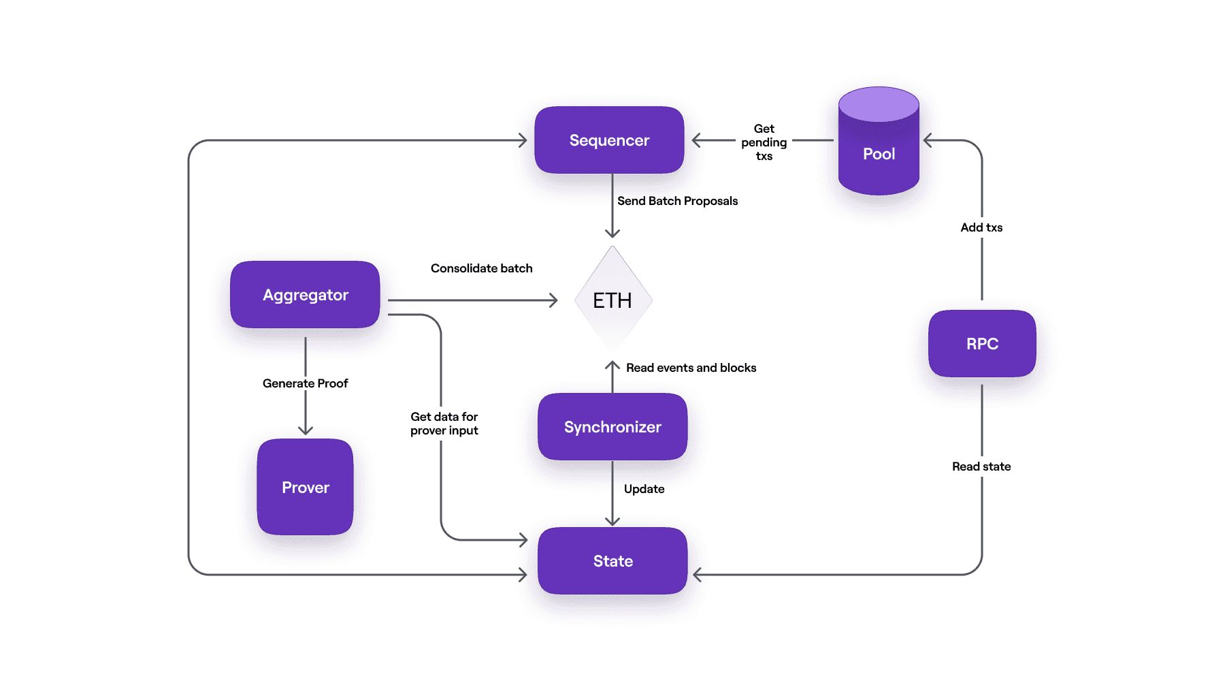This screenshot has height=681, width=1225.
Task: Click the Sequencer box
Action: point(609,140)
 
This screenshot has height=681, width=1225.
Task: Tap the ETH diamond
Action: point(612,300)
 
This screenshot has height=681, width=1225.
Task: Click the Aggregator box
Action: point(305,295)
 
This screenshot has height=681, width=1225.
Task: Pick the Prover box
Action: point(305,487)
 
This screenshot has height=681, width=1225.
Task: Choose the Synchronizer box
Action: point(612,427)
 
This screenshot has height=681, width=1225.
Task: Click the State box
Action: point(612,561)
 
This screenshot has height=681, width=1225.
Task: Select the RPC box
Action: point(982,344)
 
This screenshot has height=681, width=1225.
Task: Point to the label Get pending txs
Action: point(764,142)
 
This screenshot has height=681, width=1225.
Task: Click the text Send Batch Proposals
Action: point(677,201)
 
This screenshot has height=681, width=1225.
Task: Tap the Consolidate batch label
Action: point(481,268)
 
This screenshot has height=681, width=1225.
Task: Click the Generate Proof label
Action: point(305,383)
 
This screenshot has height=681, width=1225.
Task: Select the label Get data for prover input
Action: point(444,424)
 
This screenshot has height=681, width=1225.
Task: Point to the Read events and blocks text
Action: point(691,368)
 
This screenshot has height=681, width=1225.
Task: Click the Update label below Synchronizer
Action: point(644,489)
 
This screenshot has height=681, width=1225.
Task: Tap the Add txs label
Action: point(981,227)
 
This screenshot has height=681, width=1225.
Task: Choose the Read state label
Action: point(981,466)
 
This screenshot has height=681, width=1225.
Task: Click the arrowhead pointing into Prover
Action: point(306,430)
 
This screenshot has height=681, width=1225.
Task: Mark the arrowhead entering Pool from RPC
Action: point(928,140)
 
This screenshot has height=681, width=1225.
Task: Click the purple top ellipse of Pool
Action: point(879,104)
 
